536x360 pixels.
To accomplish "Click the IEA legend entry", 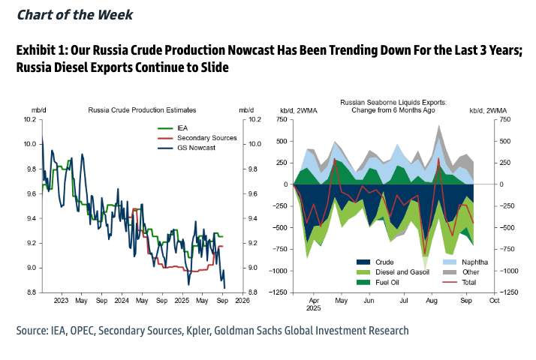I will click(182, 128).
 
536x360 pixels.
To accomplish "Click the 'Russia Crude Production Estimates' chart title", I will click(143, 109).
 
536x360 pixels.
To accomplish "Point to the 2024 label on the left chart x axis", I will click(122, 301).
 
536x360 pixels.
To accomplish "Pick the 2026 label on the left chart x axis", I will click(242, 301).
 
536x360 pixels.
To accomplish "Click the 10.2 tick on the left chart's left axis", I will click(29, 120).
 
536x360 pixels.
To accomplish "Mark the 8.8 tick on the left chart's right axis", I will click(254, 292).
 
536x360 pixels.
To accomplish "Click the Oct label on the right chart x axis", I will click(493, 300).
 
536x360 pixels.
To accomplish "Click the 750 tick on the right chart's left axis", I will click(282, 120).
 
